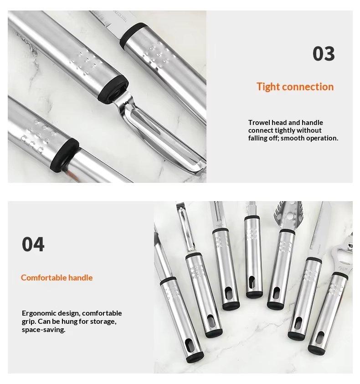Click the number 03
324,54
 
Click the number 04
33,244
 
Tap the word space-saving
44,330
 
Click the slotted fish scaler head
288,216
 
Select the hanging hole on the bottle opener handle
320,338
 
